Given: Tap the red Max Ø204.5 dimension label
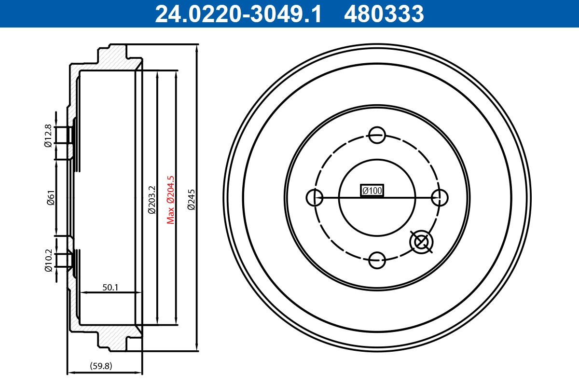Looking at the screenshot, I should click(x=170, y=199).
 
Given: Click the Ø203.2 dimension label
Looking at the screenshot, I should click(x=152, y=199).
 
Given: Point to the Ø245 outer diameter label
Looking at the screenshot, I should click(x=191, y=199).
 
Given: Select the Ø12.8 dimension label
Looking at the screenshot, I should click(x=48, y=136).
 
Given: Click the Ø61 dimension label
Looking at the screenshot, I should click(x=50, y=198).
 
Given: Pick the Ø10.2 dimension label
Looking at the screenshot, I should click(x=48, y=261).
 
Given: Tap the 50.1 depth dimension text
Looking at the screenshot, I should click(x=110, y=287).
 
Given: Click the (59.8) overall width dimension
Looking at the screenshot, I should click(x=101, y=366).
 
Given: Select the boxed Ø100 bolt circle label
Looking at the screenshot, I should click(x=372, y=191).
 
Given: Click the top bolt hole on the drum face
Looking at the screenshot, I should click(x=376, y=135).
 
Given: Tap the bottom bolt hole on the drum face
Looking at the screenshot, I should click(x=376, y=260).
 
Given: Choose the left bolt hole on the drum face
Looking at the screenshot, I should click(x=315, y=197).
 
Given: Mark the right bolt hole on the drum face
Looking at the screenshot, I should click(x=440, y=197).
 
